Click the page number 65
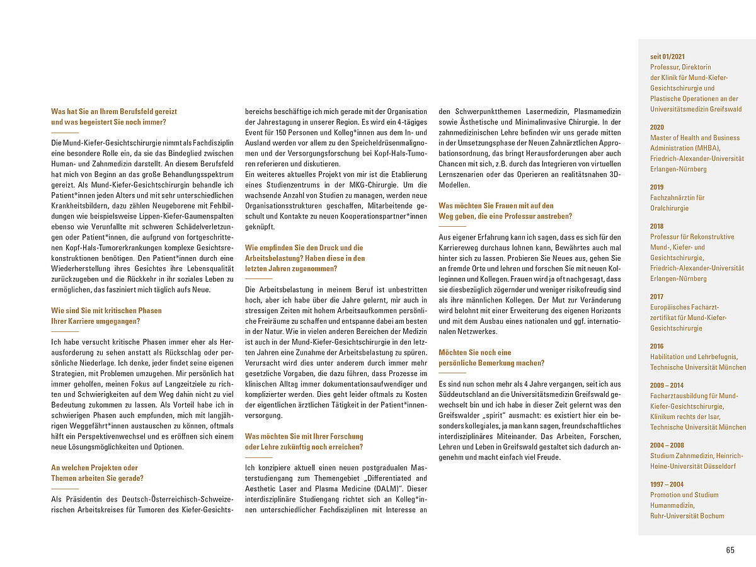click(730, 550)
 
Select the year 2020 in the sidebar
click(656, 127)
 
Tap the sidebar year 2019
click(656, 187)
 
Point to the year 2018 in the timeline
click(656, 226)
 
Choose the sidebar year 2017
click(656, 297)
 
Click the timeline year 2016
click(656, 346)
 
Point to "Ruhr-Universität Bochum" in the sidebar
click(687, 516)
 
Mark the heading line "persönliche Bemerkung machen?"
click(491, 363)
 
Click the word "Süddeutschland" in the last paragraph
click(462, 394)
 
